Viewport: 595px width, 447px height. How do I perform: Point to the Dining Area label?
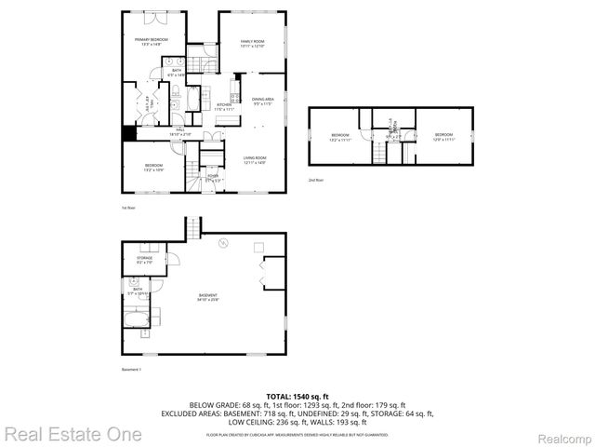tap(263, 101)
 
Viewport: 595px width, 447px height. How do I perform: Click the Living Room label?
tap(255, 160)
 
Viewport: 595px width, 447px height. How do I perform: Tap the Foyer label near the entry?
tap(213, 177)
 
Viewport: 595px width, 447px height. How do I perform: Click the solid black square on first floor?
tap(128, 132)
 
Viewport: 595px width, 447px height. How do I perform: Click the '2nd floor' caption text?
tap(316, 180)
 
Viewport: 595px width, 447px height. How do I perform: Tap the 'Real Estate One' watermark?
tap(73, 434)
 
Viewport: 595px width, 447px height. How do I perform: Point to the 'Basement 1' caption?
tap(130, 370)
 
